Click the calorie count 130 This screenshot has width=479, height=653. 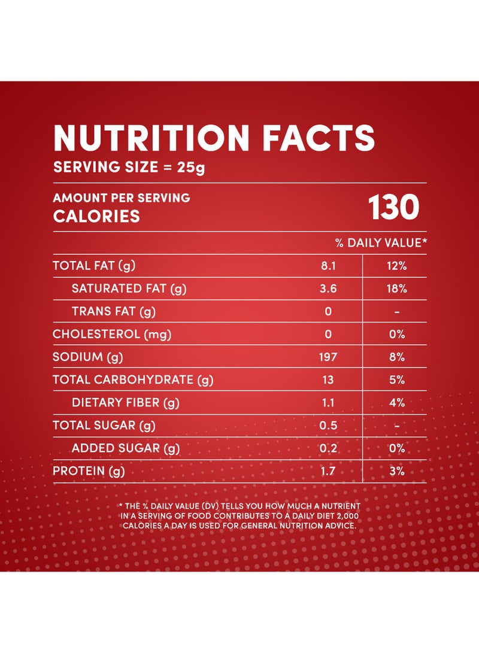click(x=393, y=207)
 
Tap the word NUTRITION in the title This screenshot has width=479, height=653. click(x=151, y=138)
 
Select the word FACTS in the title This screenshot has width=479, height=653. click(x=319, y=138)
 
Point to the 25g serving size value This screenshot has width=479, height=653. click(x=191, y=168)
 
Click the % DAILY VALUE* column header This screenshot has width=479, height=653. click(x=381, y=243)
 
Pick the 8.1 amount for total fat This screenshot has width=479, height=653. click(x=328, y=266)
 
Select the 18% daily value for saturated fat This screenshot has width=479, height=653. click(x=396, y=288)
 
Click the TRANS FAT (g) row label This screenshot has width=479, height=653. click(x=114, y=311)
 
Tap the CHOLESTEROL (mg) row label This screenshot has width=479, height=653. click(x=112, y=335)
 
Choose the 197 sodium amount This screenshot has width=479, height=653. click(x=328, y=357)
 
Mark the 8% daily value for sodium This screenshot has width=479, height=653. click(x=397, y=357)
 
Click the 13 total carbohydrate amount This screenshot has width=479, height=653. click(x=328, y=380)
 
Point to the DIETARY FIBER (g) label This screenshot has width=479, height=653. click(x=125, y=403)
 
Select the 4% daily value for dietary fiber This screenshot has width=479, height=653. click(x=397, y=403)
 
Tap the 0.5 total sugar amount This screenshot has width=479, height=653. click(x=328, y=426)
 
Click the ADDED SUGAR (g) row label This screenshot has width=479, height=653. click(x=126, y=448)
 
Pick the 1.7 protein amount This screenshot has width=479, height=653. click(x=328, y=471)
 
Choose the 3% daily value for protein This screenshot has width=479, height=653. click(x=397, y=471)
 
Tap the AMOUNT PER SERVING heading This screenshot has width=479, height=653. click(x=122, y=198)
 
